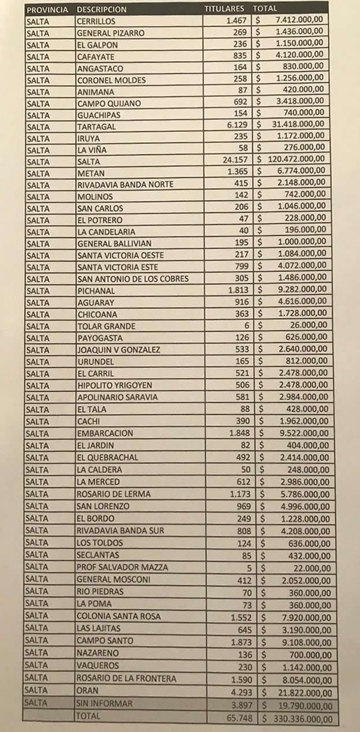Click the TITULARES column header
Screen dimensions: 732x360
225,9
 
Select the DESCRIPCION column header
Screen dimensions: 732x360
101,10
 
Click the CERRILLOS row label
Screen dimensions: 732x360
95,21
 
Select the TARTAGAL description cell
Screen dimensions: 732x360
97,126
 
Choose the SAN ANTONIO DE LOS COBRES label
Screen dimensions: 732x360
133,279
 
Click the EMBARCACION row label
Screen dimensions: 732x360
105,433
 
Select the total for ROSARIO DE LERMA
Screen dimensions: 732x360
302,494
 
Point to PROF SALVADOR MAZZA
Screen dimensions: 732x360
122,567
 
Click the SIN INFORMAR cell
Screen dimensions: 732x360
105,704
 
